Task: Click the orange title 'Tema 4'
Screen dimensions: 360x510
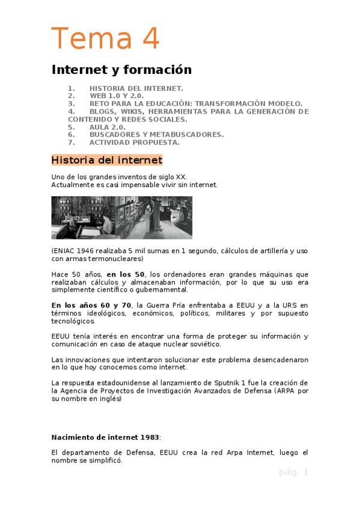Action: [x=106, y=39]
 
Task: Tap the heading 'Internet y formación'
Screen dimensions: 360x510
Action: [x=121, y=70]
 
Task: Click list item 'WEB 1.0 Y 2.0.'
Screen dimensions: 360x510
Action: [x=117, y=96]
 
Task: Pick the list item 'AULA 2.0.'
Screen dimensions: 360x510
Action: [x=108, y=127]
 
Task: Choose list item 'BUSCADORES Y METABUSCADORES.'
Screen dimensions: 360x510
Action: [x=156, y=135]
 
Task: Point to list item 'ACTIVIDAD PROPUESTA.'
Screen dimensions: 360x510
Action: [x=134, y=143]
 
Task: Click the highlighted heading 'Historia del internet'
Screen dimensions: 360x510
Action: [x=107, y=161]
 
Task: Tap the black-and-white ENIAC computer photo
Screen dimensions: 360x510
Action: [x=122, y=217]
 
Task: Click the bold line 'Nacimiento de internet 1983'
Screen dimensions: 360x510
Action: [x=106, y=437]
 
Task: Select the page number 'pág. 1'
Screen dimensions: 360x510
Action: [x=293, y=472]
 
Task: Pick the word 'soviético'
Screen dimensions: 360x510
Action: [x=200, y=344]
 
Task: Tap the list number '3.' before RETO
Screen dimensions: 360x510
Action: [x=72, y=103]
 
